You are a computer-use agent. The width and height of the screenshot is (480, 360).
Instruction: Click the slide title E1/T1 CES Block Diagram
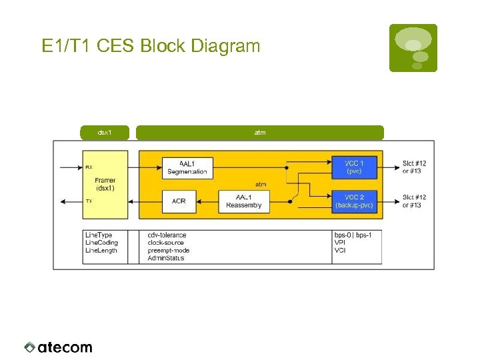(151, 46)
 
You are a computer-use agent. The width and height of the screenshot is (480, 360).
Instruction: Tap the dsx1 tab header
(105, 133)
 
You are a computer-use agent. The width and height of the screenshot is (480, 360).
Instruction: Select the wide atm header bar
(260, 133)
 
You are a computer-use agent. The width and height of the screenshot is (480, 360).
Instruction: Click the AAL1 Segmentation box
(187, 167)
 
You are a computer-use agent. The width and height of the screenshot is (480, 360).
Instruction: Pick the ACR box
(179, 201)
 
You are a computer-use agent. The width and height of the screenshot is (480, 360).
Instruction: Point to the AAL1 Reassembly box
(244, 201)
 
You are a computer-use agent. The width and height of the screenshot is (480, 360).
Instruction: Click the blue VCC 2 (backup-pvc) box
(354, 201)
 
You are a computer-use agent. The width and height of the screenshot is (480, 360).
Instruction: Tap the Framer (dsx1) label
(105, 184)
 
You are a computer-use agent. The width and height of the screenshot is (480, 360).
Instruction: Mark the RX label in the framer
(89, 168)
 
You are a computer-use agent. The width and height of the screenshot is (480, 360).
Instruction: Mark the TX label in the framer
(89, 201)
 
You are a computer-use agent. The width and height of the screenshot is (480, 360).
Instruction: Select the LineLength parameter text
(101, 250)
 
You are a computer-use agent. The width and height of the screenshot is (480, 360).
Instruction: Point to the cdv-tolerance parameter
(167, 235)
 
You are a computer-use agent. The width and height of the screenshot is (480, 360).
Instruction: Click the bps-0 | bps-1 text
(353, 235)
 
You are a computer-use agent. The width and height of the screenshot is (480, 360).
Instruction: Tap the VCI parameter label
(340, 250)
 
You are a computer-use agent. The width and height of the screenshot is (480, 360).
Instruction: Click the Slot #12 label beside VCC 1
(414, 163)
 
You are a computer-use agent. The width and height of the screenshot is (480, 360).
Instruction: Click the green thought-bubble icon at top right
(413, 47)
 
